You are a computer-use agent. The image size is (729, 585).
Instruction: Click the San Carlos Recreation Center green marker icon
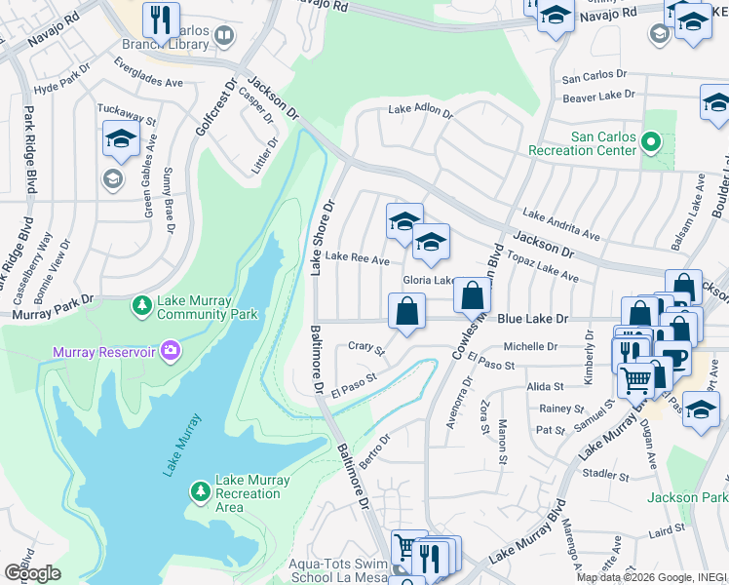tap(650, 144)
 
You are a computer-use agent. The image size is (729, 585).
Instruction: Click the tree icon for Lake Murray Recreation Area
tap(200, 487)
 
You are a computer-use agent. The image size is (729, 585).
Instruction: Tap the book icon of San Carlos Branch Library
tap(224, 38)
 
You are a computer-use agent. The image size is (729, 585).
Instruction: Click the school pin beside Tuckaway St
tap(120, 140)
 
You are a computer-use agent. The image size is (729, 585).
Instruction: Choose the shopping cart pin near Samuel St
tap(635, 378)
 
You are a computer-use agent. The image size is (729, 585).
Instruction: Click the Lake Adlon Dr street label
tap(420, 112)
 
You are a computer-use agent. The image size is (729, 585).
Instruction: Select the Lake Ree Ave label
tap(357, 259)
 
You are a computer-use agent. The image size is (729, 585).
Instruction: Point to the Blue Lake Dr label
tap(532, 318)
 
